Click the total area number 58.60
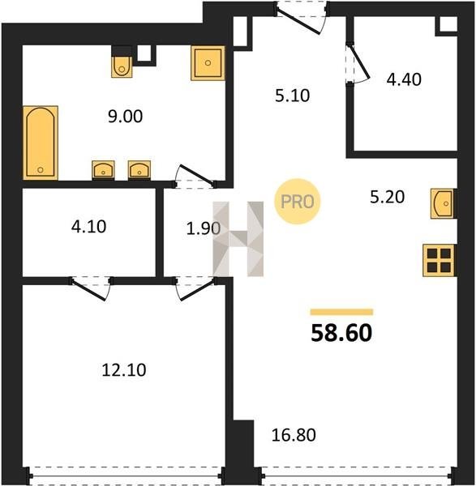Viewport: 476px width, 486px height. (341, 333)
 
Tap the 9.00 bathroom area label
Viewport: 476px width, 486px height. (126, 117)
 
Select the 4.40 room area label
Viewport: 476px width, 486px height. (404, 79)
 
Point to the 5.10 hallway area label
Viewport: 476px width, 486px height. (292, 96)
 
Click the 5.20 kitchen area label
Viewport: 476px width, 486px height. (388, 197)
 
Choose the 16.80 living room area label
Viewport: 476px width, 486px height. (294, 435)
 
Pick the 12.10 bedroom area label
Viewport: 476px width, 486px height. (124, 370)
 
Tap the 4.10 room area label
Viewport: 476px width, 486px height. (88, 227)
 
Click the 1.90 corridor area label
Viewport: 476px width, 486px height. (204, 228)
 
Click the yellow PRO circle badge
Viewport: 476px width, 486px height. (298, 202)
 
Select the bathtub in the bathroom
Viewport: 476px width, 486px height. (41, 143)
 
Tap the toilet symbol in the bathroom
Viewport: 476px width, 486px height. (122, 66)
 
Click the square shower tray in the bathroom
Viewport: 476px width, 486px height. (208, 63)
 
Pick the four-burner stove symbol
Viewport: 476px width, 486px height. (439, 260)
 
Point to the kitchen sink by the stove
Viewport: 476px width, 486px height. (443, 203)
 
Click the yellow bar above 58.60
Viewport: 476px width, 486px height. (341, 312)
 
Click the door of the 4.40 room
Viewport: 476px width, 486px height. (358, 64)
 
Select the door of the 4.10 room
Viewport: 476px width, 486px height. (91, 288)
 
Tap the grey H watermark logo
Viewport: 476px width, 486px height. (238, 239)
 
